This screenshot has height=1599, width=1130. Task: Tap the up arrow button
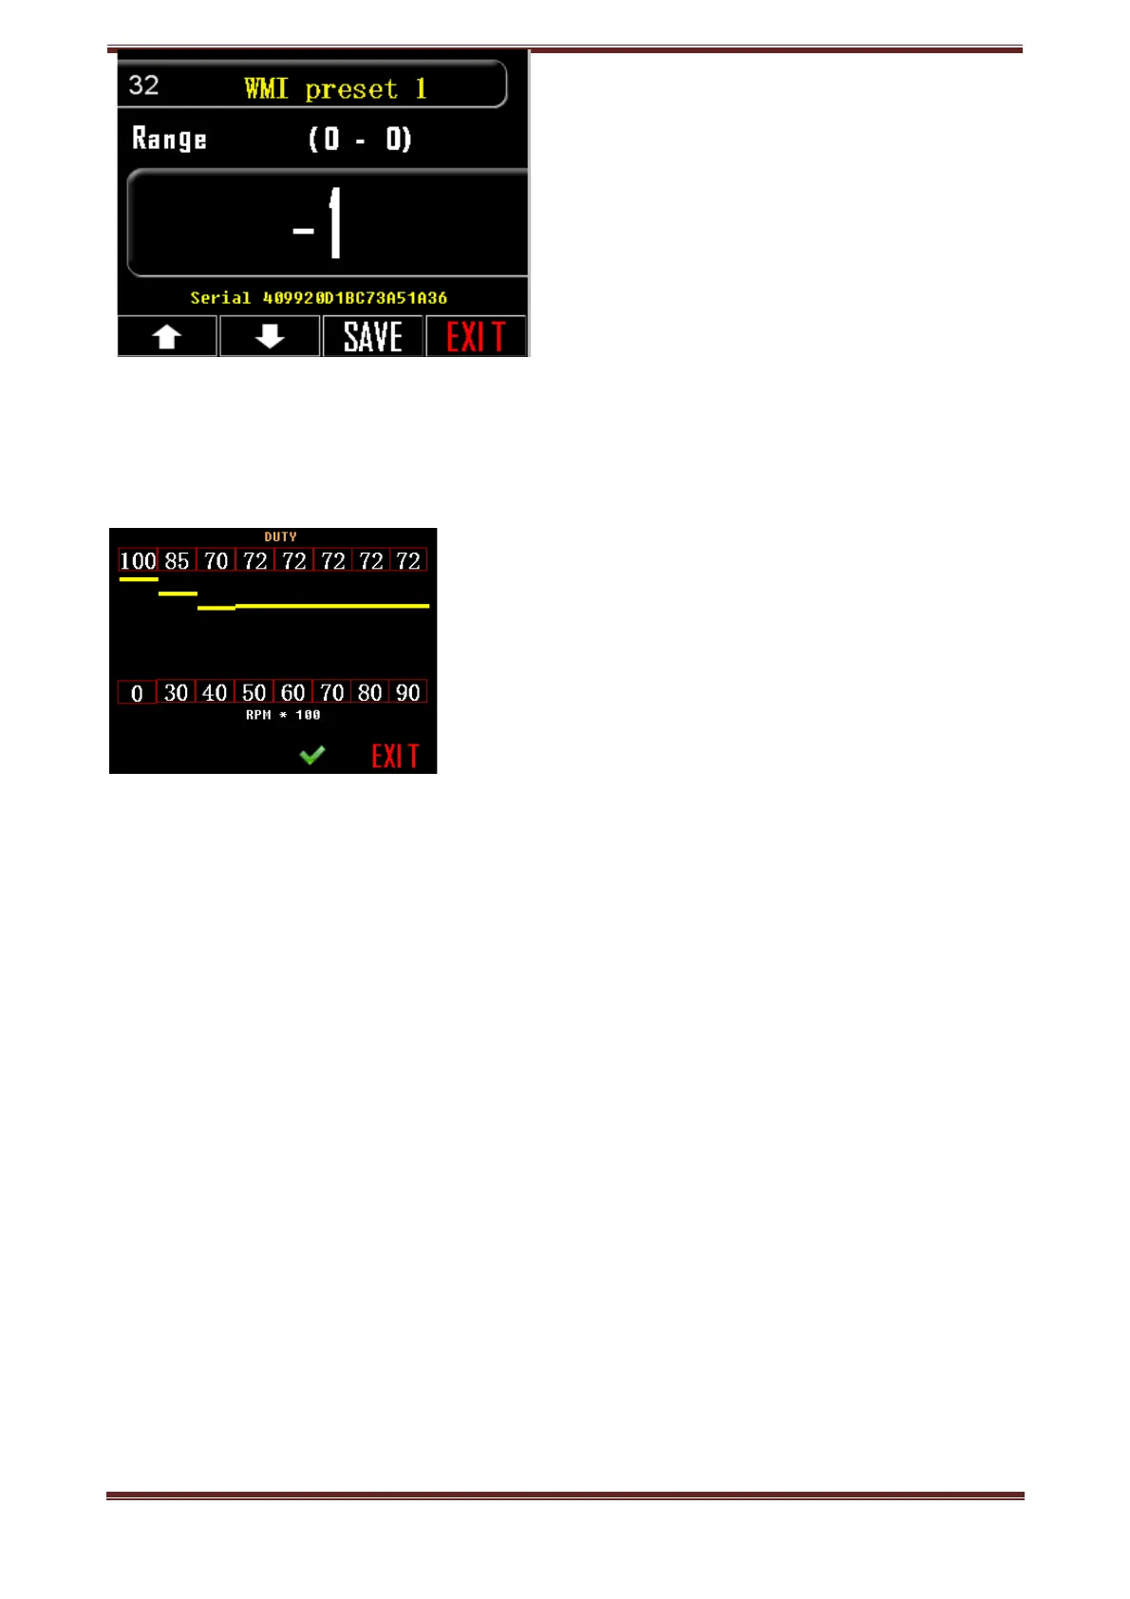(167, 337)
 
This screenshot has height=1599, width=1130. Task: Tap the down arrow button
(270, 337)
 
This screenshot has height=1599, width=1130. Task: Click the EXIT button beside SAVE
(476, 337)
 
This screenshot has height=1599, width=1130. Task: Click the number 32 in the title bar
(143, 85)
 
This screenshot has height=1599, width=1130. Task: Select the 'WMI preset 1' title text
(335, 89)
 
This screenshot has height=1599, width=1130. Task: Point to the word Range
(169, 140)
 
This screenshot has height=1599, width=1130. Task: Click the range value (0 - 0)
(360, 140)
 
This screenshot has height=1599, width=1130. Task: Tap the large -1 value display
(318, 224)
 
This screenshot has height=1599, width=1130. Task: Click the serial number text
(318, 298)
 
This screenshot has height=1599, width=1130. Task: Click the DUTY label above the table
(280, 536)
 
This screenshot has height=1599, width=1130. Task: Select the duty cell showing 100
(138, 561)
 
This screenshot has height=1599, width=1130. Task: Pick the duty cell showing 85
(177, 561)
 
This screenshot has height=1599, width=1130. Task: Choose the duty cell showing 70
(217, 561)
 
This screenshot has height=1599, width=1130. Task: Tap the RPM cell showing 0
(137, 693)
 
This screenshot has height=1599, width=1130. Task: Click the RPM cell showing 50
(254, 693)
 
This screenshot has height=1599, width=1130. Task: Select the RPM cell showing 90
(408, 693)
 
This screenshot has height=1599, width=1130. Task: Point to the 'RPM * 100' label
(283, 715)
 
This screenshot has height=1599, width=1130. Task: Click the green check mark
(311, 755)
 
